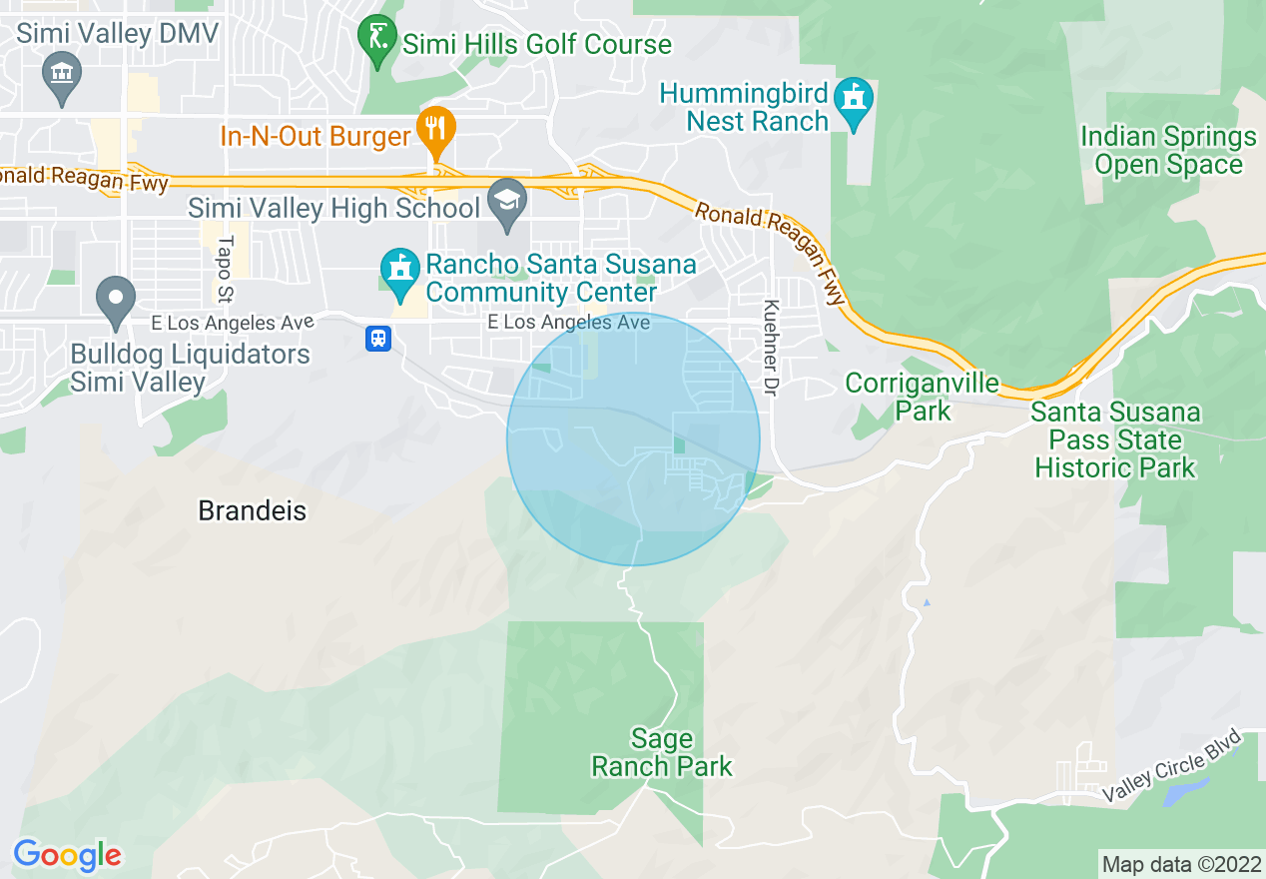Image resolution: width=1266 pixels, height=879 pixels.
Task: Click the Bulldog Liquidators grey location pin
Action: (116, 300)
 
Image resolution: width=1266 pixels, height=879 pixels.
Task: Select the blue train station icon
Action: (378, 339)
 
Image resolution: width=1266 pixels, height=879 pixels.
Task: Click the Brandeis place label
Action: (252, 510)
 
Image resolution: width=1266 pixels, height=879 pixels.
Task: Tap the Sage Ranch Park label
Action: (662, 753)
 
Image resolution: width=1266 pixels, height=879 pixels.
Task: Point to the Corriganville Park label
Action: (922, 397)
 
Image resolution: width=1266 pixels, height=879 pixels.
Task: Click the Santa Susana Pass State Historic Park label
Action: (1114, 439)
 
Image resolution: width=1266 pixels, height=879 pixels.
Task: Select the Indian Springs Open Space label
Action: (1168, 151)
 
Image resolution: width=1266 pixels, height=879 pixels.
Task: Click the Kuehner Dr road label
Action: (770, 345)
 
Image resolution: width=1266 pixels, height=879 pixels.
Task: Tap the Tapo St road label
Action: (225, 269)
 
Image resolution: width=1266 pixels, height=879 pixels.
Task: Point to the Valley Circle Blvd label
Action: (1172, 766)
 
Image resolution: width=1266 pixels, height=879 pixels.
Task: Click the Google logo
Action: (67, 855)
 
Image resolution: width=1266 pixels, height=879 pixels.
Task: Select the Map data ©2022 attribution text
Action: (1179, 864)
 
